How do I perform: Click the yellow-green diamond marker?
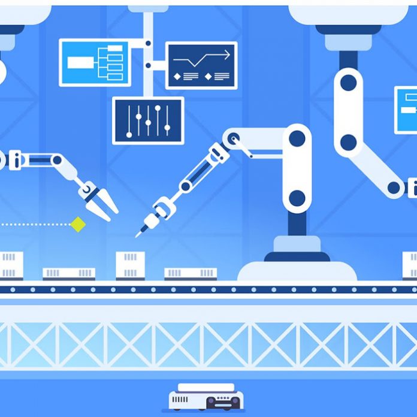coord(77,225)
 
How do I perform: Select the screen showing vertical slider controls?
coord(148,120)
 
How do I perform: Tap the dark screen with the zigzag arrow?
coord(201,65)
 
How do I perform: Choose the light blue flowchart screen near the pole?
coord(95,62)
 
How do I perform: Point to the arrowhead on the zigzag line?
coord(227,56)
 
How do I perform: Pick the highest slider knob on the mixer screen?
coord(158,110)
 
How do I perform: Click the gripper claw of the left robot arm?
coord(98,200)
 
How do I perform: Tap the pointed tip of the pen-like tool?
coord(138,235)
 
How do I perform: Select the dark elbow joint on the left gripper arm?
coord(57,160)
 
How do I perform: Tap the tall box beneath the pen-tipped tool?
coord(130,264)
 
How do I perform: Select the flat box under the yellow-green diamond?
coord(68,273)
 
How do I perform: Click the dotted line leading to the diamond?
coord(36,225)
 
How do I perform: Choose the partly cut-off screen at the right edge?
coord(406,110)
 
